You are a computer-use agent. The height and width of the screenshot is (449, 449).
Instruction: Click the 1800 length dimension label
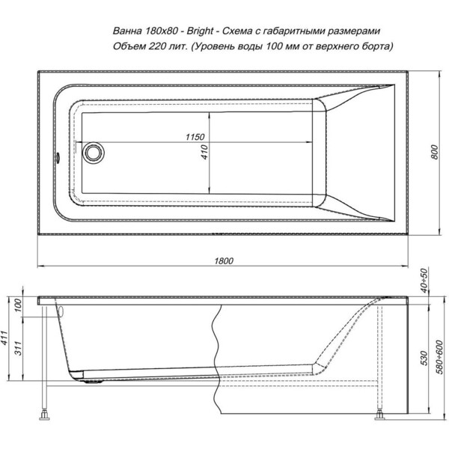click(224, 260)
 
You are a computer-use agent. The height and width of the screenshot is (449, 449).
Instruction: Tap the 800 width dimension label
click(435, 152)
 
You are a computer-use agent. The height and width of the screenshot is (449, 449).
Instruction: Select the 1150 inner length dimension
click(195, 137)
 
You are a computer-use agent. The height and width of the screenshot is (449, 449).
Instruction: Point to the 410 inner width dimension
click(204, 152)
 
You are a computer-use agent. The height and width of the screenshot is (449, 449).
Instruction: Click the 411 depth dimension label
click(4, 338)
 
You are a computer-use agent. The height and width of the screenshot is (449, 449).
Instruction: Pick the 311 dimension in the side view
click(18, 348)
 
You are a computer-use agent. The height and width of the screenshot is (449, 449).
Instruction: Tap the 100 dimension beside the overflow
click(18, 305)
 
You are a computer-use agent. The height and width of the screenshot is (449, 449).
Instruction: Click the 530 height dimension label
click(424, 358)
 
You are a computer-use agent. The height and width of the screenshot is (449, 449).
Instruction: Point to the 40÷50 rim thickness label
click(424, 281)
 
